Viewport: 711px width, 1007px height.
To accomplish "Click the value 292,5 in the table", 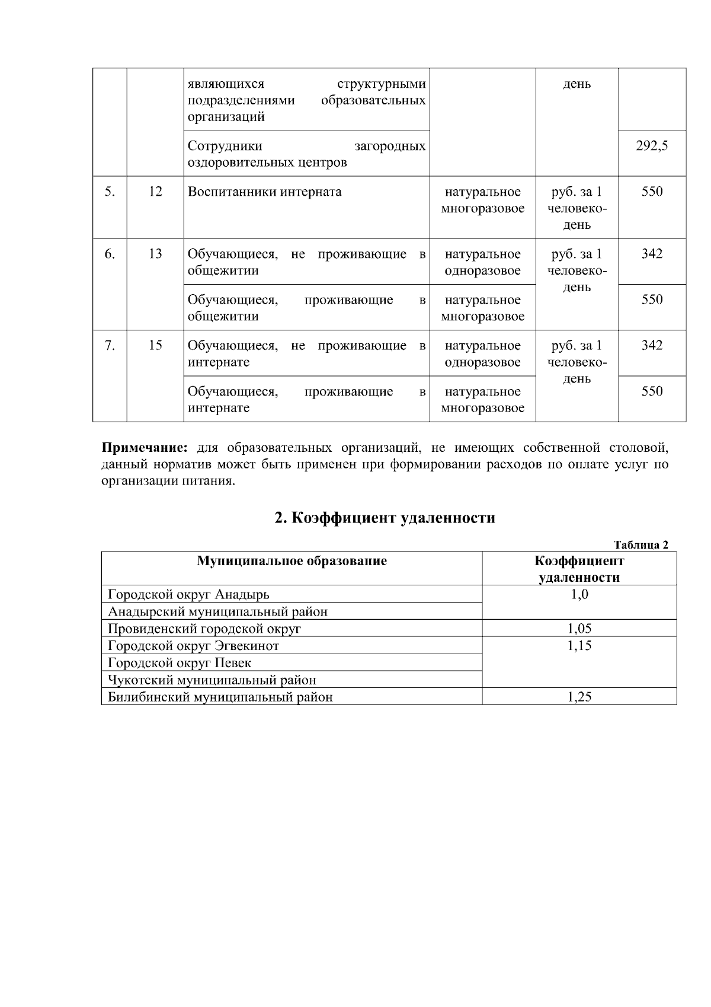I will (652, 146).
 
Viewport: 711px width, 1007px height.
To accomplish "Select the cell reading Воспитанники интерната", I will (264, 192).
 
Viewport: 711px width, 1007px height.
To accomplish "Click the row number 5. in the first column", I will (110, 192).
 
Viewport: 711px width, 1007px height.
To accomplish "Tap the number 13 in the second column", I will (155, 254).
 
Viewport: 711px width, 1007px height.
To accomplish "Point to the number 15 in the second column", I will (155, 346).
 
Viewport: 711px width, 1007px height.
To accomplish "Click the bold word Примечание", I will (145, 447).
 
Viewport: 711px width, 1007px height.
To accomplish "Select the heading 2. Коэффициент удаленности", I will (385, 518).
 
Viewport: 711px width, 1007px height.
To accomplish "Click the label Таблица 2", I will (641, 545).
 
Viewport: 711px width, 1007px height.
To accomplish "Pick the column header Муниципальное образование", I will (292, 561).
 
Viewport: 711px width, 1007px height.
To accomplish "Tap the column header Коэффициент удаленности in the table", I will (579, 569).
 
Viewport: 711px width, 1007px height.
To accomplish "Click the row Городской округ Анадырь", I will (188, 594).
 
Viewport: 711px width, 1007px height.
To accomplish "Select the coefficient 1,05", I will (579, 629).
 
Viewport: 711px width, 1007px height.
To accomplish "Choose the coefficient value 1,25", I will (579, 697).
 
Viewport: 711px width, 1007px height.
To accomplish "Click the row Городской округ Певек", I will (180, 663).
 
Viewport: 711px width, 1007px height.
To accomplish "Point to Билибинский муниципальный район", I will (220, 697).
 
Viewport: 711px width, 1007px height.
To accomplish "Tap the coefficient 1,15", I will (579, 646).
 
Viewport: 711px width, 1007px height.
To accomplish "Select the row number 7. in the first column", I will (110, 346).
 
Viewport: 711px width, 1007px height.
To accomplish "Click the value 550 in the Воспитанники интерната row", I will (652, 192).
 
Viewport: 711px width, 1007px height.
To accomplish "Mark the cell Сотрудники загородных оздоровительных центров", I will (306, 154).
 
